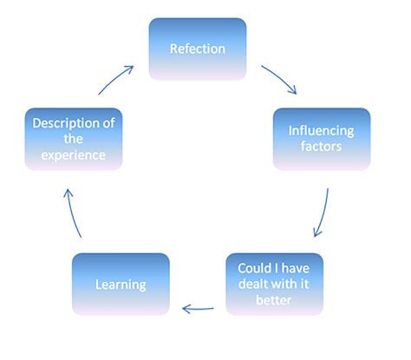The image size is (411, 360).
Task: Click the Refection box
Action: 198,49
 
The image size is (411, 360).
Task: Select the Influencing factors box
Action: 322,139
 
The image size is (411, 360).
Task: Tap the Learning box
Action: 121,284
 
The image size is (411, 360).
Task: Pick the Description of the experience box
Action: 73,139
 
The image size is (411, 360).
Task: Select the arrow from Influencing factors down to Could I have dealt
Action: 322,213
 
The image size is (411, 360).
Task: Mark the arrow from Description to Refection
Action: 115,78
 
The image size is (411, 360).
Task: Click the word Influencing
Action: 322,131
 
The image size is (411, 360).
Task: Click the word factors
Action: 322,147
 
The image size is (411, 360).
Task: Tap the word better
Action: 273,300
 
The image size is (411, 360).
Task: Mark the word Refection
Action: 198,49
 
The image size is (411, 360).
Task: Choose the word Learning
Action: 121,284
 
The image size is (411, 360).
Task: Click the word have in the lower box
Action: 291,267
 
